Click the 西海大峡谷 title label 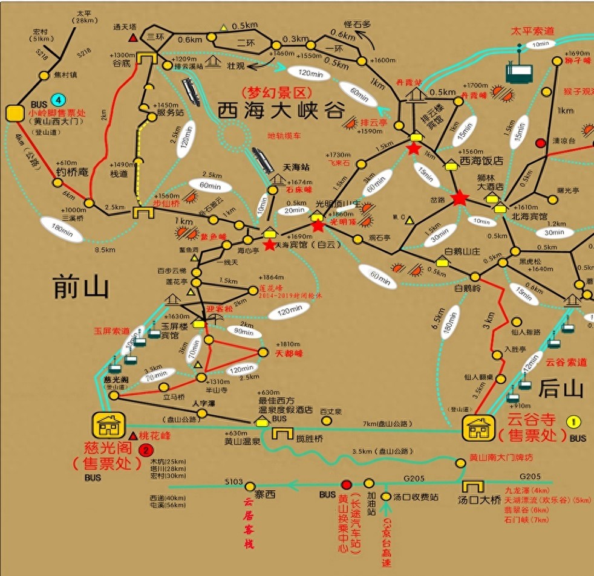tap(281, 111)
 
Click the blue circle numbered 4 tap(57, 99)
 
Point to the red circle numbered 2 tap(145, 450)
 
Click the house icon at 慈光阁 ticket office tap(108, 425)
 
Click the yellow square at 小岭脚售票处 tap(13, 112)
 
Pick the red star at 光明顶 tap(318, 226)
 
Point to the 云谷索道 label tap(566, 363)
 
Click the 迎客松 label tap(219, 309)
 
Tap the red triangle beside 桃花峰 tap(132, 435)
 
